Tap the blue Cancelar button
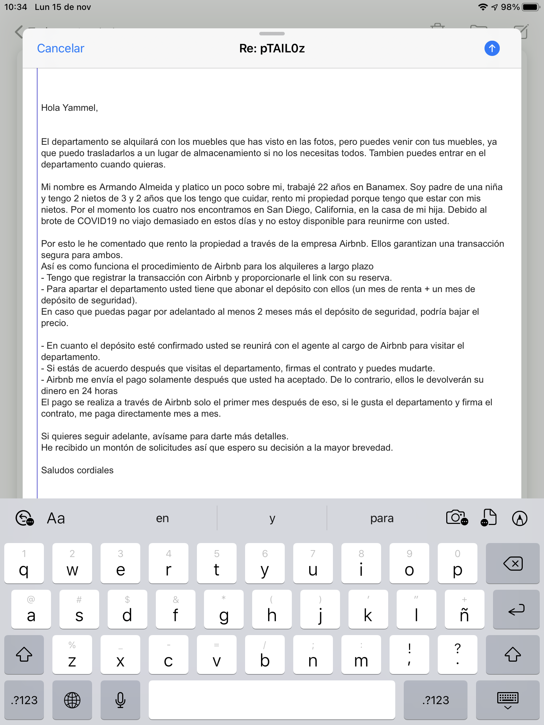61,48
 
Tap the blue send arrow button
492,48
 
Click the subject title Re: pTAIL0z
272,48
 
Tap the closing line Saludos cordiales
77,470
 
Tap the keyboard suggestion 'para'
382,518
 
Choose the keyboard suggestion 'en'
162,518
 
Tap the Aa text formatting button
56,518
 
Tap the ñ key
464,610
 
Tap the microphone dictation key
120,700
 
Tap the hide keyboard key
508,700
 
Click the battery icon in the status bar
530,7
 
